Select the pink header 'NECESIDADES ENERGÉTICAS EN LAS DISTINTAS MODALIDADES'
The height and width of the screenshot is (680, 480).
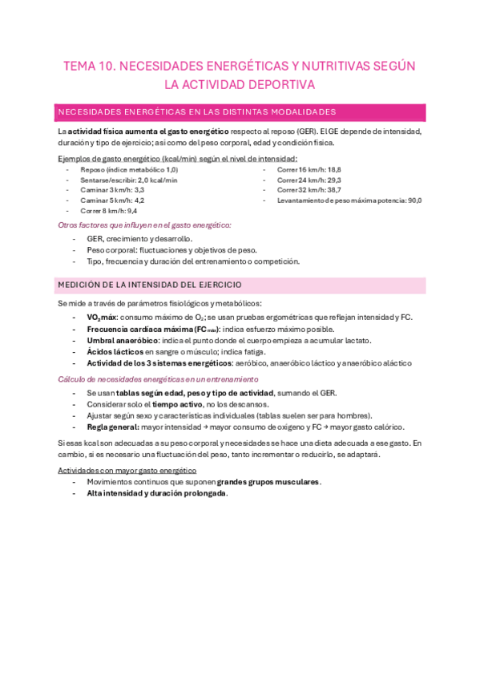coord(196,111)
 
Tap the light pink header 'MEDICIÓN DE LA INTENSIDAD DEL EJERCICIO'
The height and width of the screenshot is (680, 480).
coord(150,285)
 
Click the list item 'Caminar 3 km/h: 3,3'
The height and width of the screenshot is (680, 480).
coord(112,190)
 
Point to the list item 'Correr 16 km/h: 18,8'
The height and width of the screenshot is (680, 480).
coord(309,170)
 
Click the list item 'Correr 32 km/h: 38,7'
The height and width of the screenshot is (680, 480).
coord(309,190)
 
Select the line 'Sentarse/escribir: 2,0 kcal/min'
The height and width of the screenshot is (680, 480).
coord(128,180)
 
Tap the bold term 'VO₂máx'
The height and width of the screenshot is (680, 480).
coord(101,318)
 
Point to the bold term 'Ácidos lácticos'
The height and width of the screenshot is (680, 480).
coord(115,351)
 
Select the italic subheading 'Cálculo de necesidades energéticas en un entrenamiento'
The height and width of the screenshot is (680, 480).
coord(158,379)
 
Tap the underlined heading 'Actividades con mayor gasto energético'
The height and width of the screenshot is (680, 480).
coord(127,470)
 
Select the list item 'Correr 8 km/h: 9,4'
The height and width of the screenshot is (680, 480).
coord(109,211)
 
